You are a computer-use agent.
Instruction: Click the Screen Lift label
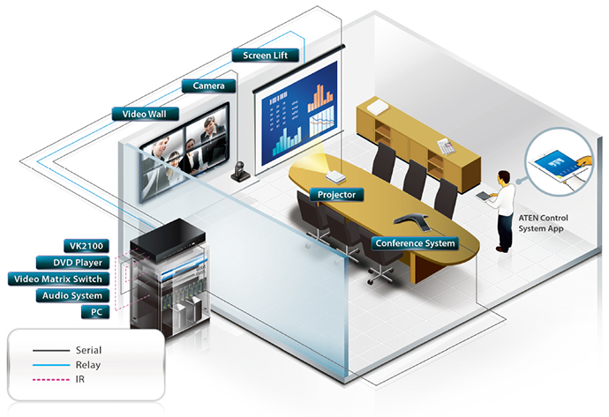[266, 56]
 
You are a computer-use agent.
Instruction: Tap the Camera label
[208, 86]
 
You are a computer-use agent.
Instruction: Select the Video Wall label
[146, 114]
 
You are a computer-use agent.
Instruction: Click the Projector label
[337, 195]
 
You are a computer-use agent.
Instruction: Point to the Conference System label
[415, 243]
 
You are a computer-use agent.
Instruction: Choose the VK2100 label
[86, 246]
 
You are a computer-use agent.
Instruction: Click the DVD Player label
[72, 263]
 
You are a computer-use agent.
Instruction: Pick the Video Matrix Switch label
[58, 279]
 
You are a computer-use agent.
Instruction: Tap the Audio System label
[72, 295]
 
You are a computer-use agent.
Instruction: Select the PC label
[95, 312]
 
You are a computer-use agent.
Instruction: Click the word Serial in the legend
[88, 350]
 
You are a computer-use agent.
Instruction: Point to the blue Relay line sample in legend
[51, 365]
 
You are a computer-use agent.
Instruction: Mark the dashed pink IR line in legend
[51, 379]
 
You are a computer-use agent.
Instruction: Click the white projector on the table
[335, 177]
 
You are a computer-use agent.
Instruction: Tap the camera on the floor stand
[241, 171]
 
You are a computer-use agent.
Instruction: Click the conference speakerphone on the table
[411, 220]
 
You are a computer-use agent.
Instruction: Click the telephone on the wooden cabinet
[447, 146]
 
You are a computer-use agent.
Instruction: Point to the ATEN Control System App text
[543, 223]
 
